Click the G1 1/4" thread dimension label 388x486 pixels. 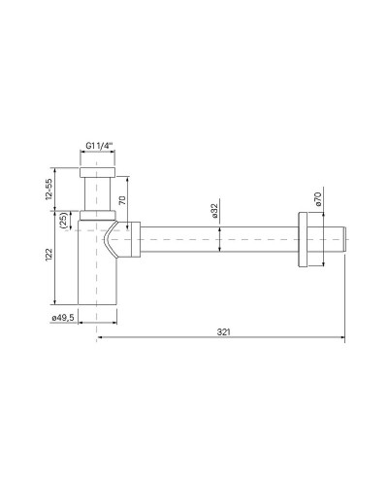[x=97, y=146]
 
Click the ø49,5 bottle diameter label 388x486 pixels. [x=64, y=315]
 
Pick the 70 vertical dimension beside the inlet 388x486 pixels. [x=122, y=201]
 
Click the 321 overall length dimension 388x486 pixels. [x=222, y=331]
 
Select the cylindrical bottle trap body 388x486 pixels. [x=97, y=277]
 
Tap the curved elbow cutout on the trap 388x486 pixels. [x=118, y=240]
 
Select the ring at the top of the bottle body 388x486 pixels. [x=97, y=213]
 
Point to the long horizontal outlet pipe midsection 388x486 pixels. [x=223, y=241]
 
